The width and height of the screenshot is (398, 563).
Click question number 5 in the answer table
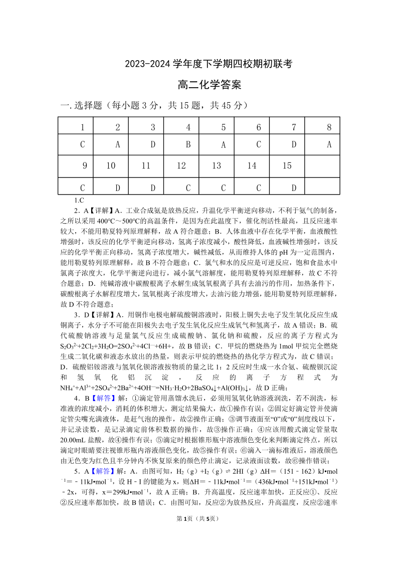pos(223,127)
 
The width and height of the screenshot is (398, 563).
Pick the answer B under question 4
pos(188,145)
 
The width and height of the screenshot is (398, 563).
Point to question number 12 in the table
pos(181,165)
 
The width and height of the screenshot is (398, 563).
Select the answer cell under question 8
pos(329,145)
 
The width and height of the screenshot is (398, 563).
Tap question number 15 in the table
pos(287,165)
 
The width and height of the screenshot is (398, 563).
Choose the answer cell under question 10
pos(118,188)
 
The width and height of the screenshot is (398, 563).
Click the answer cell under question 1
pos(83,145)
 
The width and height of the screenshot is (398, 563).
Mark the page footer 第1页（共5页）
pos(199,546)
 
